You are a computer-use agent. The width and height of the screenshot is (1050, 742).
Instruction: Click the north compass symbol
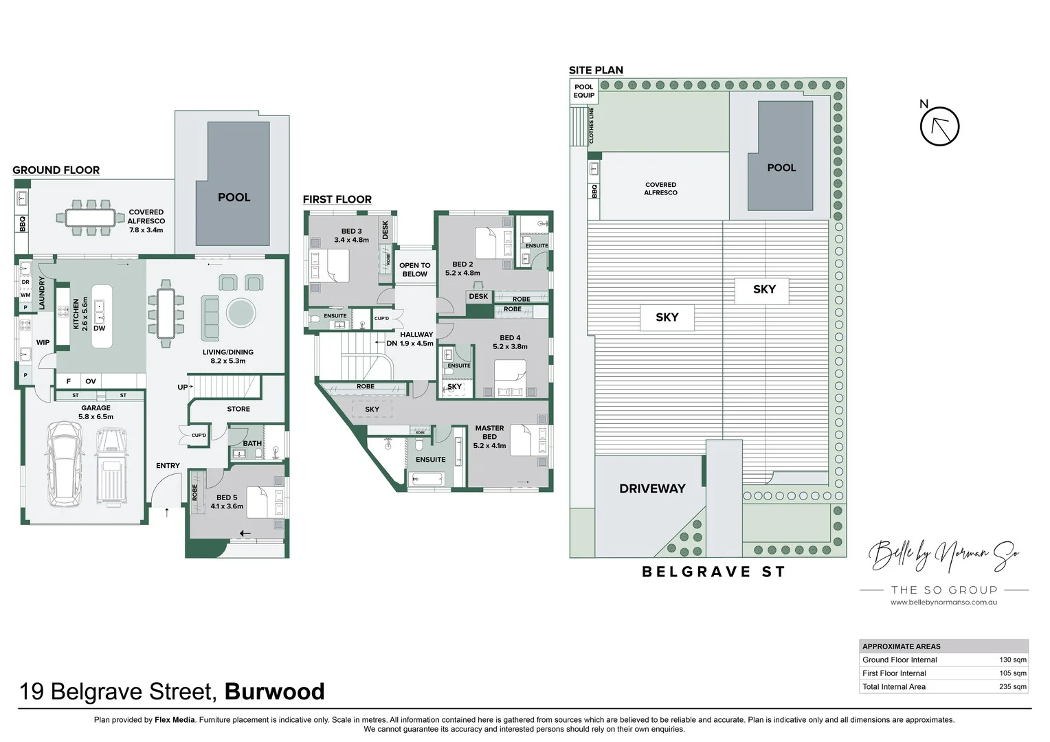pos(939,126)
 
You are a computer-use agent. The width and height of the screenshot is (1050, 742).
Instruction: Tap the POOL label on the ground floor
pos(234,197)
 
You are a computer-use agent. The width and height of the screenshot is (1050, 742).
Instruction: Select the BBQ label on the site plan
pos(594,191)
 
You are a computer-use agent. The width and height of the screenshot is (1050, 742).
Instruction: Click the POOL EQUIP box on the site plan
pos(583,91)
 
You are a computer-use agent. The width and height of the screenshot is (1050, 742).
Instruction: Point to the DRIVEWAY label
pos(652,488)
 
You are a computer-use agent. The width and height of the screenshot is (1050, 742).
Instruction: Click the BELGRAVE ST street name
pos(713,572)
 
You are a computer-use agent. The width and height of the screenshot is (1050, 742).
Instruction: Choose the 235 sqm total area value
pos(1012,686)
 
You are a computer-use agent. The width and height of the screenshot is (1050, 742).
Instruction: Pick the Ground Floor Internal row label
pos(900,660)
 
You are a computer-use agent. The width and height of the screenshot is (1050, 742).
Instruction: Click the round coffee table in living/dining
pos(241,313)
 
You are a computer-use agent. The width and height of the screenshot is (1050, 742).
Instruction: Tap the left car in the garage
pos(63,464)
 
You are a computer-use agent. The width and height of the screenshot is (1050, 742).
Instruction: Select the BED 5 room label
pos(227,497)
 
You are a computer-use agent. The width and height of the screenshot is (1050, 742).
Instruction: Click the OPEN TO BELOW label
pos(414,269)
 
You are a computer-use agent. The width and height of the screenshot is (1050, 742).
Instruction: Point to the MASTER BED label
pos(489,432)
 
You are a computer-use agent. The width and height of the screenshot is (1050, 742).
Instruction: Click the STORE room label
pos(238,409)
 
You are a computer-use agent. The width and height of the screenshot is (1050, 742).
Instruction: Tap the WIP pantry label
pos(43,342)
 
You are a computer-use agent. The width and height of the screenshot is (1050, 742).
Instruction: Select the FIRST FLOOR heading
pos(337,199)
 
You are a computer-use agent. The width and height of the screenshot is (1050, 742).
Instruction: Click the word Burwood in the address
pos(274,691)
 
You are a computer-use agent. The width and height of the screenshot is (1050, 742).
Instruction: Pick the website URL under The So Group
pos(943,603)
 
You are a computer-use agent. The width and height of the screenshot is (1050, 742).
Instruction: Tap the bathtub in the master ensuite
pos(426,479)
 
